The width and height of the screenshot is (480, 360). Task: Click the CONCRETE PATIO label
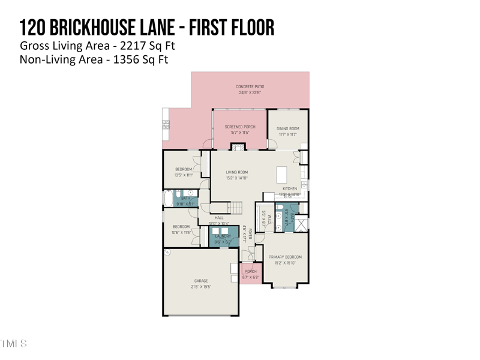tap(250, 86)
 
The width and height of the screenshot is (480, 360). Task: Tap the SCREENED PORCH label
tap(240, 127)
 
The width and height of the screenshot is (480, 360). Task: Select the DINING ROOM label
tap(288, 128)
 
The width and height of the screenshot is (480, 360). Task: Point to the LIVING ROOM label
tap(236, 172)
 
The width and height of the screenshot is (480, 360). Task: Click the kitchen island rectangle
tap(282, 175)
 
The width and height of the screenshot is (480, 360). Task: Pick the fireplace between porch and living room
tap(239, 147)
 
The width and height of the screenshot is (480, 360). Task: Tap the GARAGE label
tap(201, 281)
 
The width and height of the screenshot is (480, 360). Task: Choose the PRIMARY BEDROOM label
tap(285, 257)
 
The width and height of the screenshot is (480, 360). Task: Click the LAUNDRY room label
tap(223, 236)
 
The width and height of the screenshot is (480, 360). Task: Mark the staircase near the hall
tap(235, 208)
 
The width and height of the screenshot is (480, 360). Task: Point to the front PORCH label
tap(251, 272)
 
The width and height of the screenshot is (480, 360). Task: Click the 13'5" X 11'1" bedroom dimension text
tap(184, 175)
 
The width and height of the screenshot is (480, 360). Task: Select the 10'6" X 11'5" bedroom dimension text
tap(181, 232)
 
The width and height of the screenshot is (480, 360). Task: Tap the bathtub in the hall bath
tap(167, 198)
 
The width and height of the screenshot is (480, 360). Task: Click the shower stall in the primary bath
tap(301, 224)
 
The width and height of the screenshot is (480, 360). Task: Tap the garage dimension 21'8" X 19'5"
tap(201, 287)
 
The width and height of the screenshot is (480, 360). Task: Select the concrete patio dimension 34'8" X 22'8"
tap(250, 92)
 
